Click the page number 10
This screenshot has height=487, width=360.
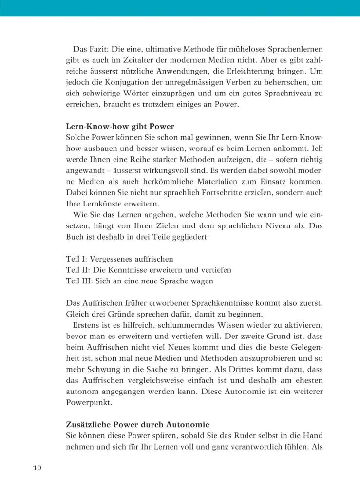coord(38,468)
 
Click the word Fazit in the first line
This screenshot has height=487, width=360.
coord(101,50)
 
